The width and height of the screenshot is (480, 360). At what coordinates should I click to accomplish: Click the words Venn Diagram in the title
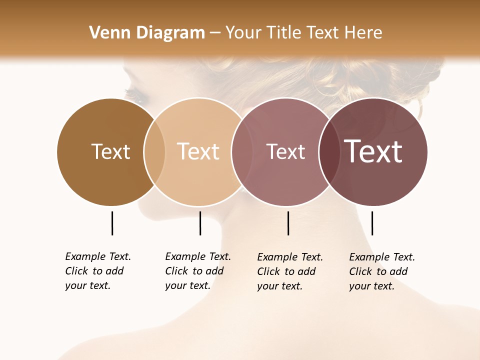click(147, 33)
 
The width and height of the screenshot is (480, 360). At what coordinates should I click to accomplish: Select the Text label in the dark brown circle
click(110, 151)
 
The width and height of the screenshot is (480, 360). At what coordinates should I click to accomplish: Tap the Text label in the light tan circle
click(198, 151)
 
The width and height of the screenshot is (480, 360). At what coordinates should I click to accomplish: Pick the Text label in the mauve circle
click(285, 151)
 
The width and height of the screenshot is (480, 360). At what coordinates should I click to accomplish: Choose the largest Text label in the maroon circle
click(373, 151)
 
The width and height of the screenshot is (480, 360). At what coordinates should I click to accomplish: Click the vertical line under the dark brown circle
click(112, 223)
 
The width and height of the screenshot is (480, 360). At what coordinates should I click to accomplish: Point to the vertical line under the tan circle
click(200, 223)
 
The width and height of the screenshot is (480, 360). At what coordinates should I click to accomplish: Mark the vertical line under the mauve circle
click(288, 223)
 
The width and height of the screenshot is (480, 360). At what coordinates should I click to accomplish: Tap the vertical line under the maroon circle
click(372, 223)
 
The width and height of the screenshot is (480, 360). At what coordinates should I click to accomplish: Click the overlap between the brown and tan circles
click(154, 151)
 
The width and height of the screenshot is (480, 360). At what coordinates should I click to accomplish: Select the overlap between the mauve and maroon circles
click(328, 151)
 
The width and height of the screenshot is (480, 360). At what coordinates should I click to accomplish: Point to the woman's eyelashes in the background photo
click(131, 93)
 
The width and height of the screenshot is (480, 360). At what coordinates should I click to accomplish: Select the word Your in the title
click(244, 33)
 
